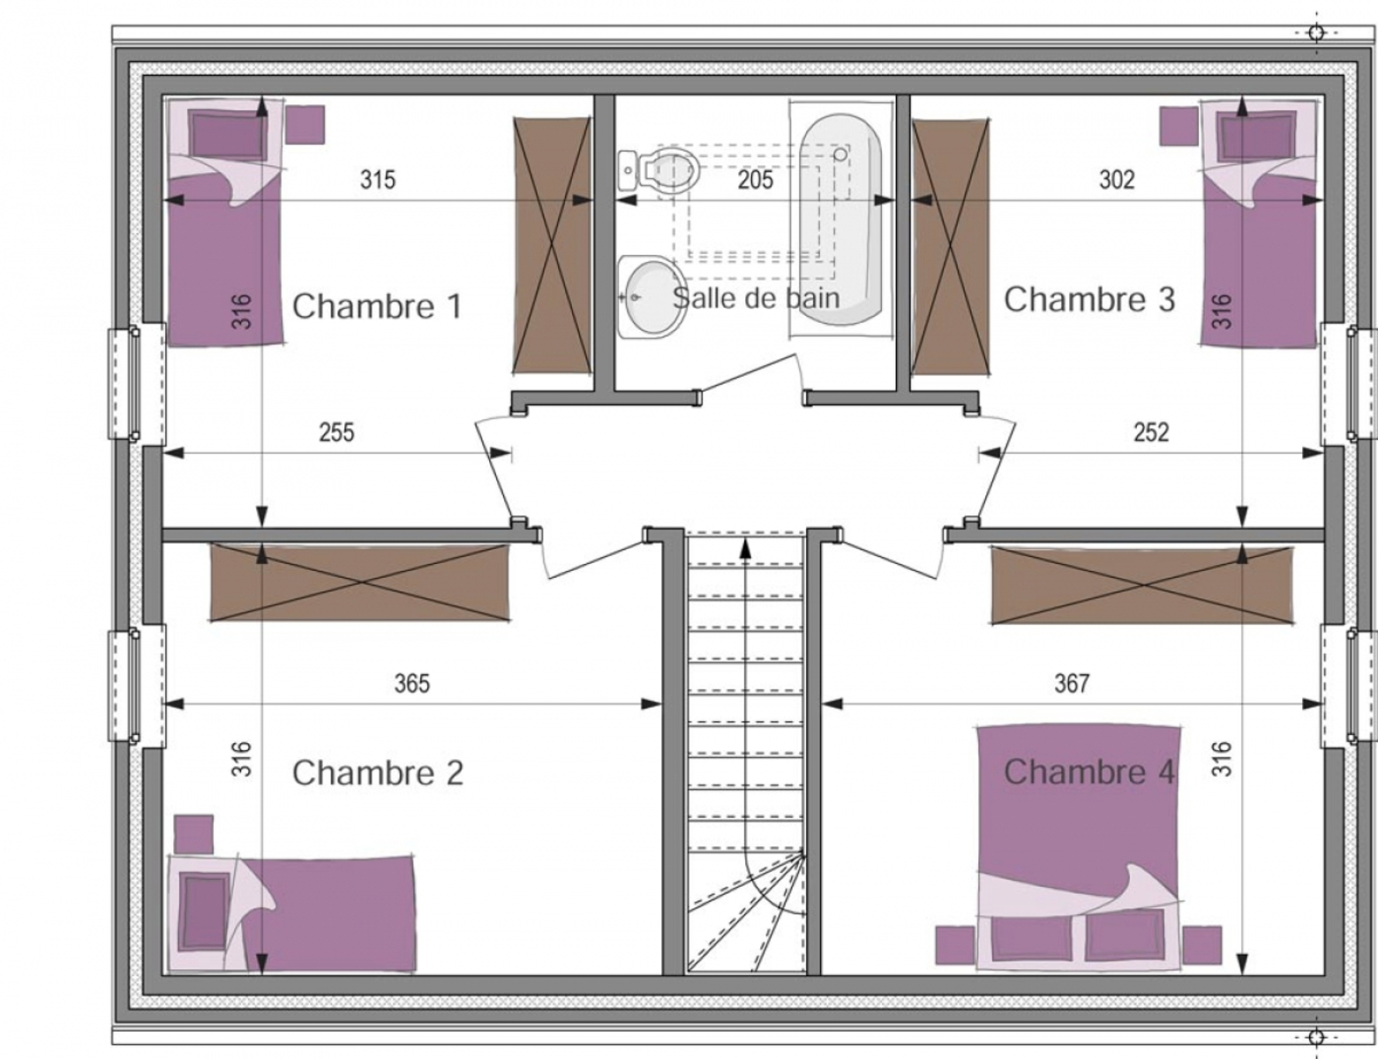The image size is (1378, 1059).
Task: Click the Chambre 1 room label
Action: [x=377, y=307]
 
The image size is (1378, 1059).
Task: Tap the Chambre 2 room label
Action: [x=377, y=772]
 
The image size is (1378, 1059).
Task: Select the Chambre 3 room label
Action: [x=1089, y=300]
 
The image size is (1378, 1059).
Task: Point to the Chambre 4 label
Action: [x=1089, y=772]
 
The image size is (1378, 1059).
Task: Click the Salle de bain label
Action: [x=757, y=298]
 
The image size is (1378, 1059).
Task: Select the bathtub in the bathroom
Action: [x=841, y=219]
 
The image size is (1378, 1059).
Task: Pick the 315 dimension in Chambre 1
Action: [x=378, y=180]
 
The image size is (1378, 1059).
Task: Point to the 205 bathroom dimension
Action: [x=756, y=180]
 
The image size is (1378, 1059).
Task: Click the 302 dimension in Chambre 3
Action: [x=1117, y=180]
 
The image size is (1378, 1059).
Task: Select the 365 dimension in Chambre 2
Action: [x=412, y=684]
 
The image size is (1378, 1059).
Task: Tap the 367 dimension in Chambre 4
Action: [x=1073, y=684]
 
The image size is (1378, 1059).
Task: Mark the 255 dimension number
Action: [x=336, y=432]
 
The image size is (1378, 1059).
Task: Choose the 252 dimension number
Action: [x=1151, y=432]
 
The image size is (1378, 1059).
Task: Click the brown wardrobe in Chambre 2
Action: [x=360, y=582]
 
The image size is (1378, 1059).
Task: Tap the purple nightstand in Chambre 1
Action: [x=305, y=124]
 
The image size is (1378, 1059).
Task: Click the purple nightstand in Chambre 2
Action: [x=193, y=835]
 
